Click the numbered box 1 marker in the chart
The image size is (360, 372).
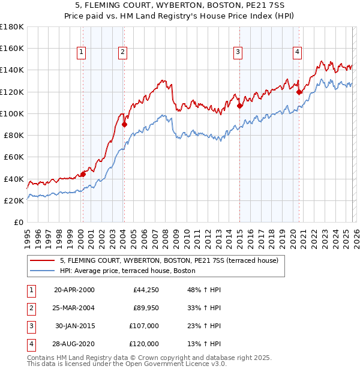tap(81, 53)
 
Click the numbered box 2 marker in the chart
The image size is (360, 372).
tap(122, 53)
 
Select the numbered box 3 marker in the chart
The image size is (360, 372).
tap(238, 53)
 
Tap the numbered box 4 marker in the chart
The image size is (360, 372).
tap(297, 53)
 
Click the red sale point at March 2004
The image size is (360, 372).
tap(125, 125)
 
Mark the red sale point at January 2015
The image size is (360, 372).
tap(239, 106)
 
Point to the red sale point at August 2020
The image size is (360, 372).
tap(299, 92)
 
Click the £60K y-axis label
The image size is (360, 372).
tap(14, 157)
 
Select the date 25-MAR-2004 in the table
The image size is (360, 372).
tap(74, 308)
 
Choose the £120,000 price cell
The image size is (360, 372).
tap(144, 344)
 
